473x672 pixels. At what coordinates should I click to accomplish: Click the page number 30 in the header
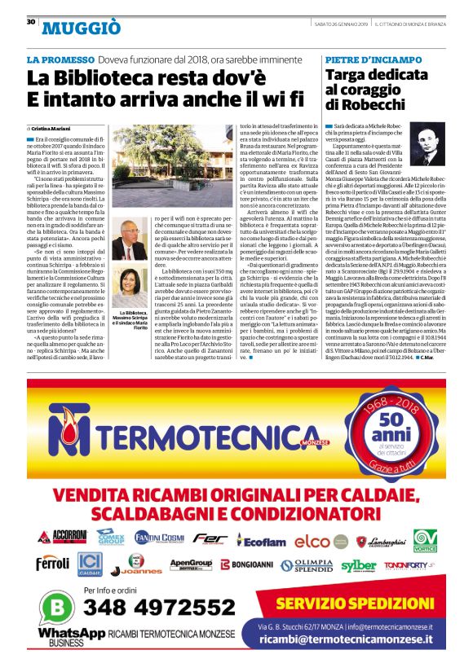(31, 22)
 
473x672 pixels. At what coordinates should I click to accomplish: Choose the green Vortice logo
(425, 540)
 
